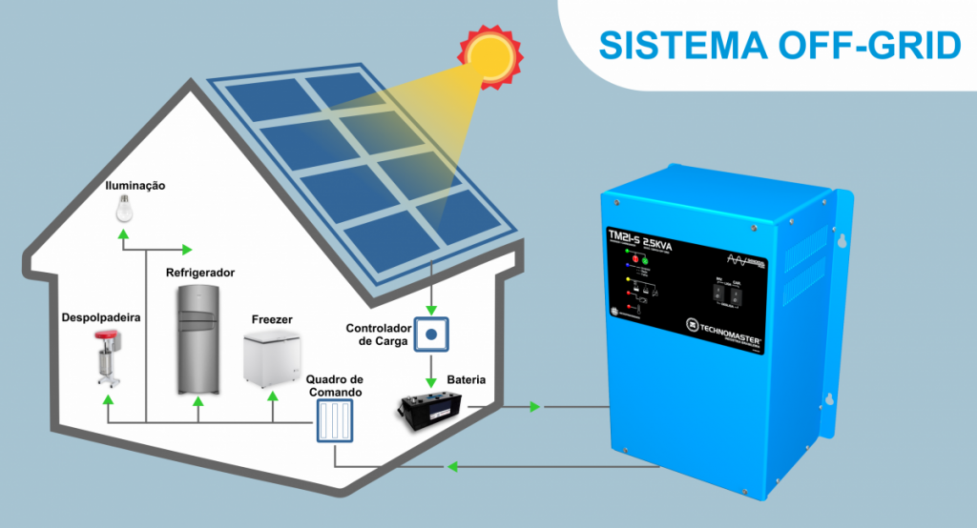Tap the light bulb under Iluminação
coord(123,207)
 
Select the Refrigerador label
coord(200,273)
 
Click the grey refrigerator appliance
coord(198,339)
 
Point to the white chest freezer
coord(272,359)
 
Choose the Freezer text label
coord(272,319)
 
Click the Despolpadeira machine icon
coord(108,356)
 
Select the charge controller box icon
coord(432,335)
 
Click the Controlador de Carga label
coord(378,335)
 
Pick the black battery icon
coord(432,410)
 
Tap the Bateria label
coord(466,380)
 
